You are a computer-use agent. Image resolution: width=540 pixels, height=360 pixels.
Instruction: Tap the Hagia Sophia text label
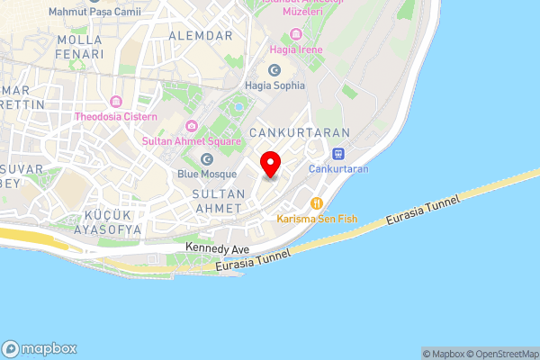[274, 85]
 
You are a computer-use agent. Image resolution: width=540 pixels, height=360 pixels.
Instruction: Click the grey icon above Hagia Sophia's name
[274, 69]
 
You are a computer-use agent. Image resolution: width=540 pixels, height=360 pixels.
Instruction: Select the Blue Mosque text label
[207, 174]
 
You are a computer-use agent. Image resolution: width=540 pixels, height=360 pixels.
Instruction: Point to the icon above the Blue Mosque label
[207, 158]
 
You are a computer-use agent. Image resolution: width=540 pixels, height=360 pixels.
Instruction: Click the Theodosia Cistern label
[116, 117]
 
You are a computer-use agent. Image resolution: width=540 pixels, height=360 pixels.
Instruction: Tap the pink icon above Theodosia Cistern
[116, 102]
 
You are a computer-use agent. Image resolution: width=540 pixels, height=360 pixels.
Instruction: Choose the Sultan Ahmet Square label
[192, 141]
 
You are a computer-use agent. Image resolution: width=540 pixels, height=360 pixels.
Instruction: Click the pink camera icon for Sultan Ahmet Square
[191, 126]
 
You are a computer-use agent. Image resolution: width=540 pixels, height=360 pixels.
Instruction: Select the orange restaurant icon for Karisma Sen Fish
[316, 202]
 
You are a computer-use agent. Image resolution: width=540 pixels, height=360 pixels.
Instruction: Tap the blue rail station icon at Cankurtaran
[338, 153]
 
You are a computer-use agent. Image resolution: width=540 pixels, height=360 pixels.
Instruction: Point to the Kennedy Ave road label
[216, 247]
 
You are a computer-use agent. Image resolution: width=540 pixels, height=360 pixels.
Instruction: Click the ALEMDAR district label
[200, 35]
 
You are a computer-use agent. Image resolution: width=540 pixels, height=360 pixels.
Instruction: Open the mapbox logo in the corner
[40, 348]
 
